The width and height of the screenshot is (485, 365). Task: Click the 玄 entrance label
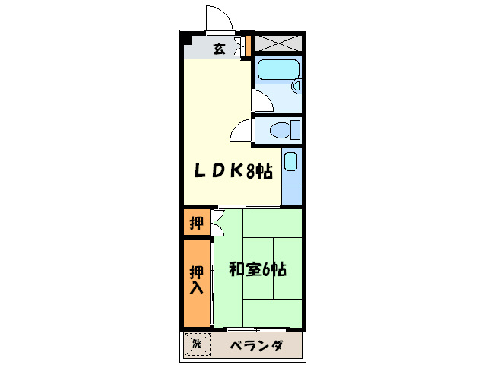click(219, 49)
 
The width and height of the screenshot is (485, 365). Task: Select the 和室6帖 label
click(258, 269)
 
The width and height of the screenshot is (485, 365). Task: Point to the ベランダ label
click(257, 346)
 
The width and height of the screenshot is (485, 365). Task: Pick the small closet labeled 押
click(195, 224)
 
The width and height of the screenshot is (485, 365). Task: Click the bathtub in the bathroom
click(277, 71)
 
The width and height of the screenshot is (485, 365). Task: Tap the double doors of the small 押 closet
click(217, 224)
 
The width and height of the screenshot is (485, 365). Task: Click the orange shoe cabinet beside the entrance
click(246, 44)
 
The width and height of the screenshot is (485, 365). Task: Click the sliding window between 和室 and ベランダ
click(258, 329)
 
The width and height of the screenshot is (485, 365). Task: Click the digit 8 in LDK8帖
click(249, 172)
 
